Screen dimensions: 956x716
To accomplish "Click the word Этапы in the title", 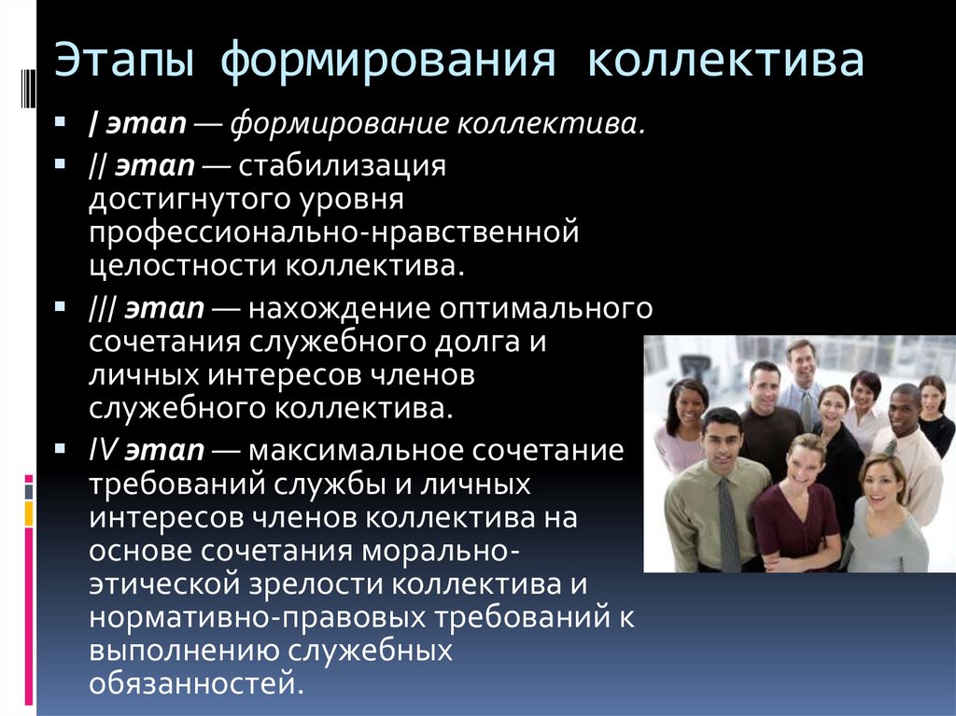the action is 124,61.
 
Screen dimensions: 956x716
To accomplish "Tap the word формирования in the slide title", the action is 387,61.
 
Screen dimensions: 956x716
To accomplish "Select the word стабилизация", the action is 342,166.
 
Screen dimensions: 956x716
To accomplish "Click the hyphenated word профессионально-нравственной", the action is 333,233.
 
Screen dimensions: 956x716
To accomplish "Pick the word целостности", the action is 183,267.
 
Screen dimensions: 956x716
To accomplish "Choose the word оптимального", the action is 545,309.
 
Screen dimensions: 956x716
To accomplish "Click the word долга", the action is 477,343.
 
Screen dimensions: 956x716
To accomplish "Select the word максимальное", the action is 356,450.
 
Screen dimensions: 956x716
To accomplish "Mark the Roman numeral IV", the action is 103,450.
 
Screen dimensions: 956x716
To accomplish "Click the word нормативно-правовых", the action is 258,617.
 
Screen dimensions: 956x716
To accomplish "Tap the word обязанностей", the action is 196,683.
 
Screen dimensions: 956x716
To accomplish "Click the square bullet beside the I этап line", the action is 60,121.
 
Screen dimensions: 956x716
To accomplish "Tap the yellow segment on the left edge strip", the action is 29,514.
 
